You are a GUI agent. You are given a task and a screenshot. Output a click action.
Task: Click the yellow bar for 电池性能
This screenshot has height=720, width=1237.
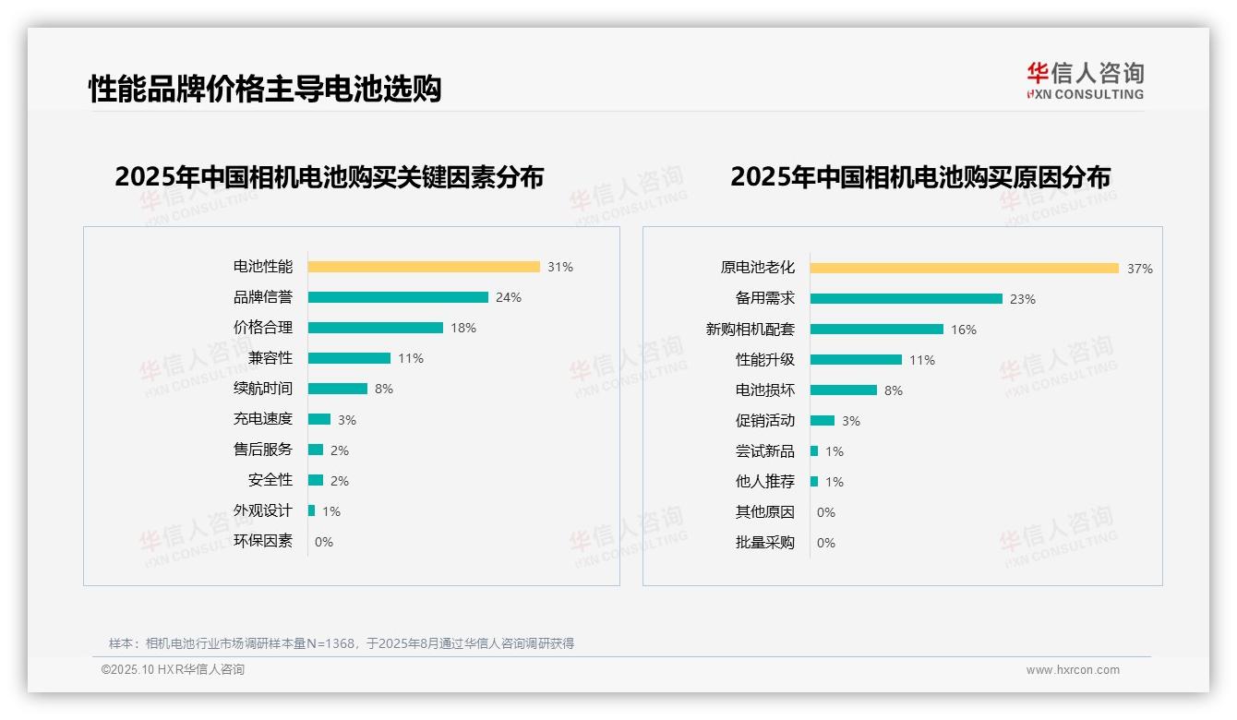coord(424,267)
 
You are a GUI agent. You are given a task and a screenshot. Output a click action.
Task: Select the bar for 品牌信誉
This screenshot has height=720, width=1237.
coord(398,297)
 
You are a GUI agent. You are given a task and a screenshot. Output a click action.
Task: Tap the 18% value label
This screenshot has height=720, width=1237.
coord(463,328)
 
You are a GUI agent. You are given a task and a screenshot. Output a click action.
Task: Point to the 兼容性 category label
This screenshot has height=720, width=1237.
coord(270,358)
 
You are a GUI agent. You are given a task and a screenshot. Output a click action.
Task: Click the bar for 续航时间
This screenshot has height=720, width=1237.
coord(338,389)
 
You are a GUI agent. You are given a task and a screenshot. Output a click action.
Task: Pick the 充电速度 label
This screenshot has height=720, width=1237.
coord(262,419)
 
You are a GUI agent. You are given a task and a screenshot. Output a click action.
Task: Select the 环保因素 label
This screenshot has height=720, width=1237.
coord(262,541)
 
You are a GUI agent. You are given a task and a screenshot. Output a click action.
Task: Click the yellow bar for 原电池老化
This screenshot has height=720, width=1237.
coord(965,269)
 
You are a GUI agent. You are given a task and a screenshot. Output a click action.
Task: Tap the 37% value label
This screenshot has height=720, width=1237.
coord(1139,269)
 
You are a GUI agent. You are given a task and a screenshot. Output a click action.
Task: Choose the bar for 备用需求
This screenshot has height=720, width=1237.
coord(907,299)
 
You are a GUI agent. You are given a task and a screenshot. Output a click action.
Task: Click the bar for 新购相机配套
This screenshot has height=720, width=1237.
coord(877,330)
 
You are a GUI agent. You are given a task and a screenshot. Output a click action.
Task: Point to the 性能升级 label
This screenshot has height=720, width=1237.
coord(764,360)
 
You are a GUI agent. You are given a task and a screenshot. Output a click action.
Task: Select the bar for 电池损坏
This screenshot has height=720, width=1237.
coord(844,390)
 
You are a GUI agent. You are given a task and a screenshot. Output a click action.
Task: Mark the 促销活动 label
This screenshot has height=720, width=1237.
coord(764,421)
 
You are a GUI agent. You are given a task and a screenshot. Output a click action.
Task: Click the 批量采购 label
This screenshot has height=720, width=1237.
coord(764,543)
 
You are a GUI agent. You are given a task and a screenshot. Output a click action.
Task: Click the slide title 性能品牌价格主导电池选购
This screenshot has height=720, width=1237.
coord(265,89)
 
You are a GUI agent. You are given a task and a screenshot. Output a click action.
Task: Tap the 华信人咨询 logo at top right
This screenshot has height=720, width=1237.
coord(1085,80)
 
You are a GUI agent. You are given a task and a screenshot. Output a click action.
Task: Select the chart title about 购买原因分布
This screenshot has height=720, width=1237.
coord(919,176)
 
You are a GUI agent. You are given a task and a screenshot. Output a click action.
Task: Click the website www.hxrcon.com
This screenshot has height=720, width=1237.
coord(1073,670)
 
